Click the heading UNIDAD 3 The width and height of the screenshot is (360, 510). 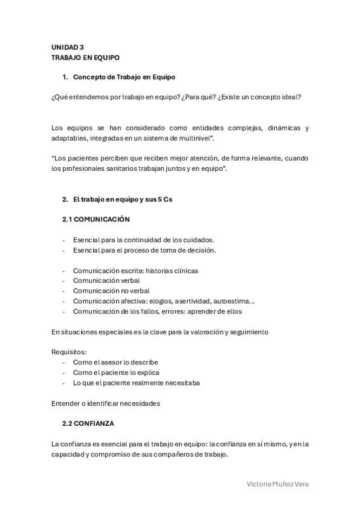[67, 47]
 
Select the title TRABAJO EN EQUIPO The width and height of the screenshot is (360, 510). [85, 58]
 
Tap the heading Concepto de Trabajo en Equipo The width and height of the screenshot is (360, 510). [124, 77]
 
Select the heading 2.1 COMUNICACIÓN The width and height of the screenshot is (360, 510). [96, 220]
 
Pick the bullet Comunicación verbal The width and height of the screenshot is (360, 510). [106, 281]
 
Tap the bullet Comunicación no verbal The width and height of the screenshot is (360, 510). [111, 291]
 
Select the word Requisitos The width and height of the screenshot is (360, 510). [69, 352]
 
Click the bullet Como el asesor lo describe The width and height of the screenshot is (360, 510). [115, 363]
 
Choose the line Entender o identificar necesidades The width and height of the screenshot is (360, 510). [106, 404]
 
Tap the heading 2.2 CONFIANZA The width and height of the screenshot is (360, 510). [88, 423]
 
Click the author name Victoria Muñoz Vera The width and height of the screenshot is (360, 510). [278, 484]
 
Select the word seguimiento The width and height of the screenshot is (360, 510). [246, 332]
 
